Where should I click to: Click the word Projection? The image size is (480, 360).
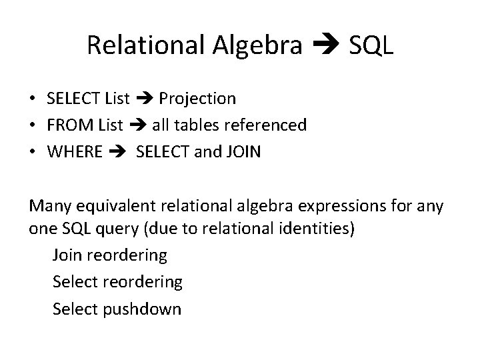(197, 99)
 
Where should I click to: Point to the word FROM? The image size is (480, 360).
(70, 125)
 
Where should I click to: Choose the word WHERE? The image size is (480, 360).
(75, 151)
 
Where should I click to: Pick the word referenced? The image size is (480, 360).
(269, 125)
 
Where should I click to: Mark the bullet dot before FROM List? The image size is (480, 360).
(33, 125)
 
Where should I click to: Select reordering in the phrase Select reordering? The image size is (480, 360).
(142, 282)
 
